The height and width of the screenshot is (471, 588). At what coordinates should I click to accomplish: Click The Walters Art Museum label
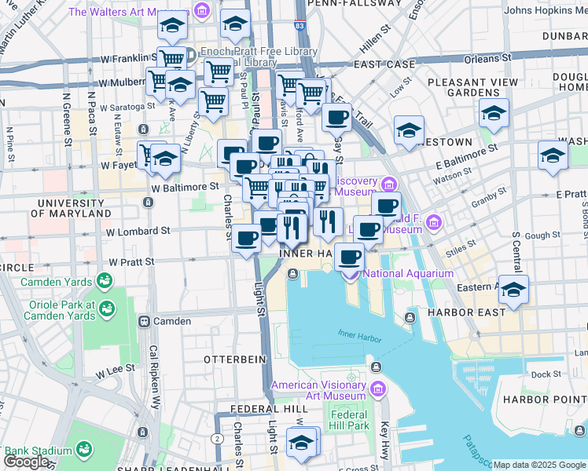130,12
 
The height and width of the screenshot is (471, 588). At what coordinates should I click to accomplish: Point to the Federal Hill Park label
350,420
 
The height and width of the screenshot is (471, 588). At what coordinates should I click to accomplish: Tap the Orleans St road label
482,59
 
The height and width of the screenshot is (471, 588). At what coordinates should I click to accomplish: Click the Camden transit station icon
145,321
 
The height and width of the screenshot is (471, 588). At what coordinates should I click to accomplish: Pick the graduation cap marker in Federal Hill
300,444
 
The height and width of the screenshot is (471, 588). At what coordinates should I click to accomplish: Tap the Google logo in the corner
27,462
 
